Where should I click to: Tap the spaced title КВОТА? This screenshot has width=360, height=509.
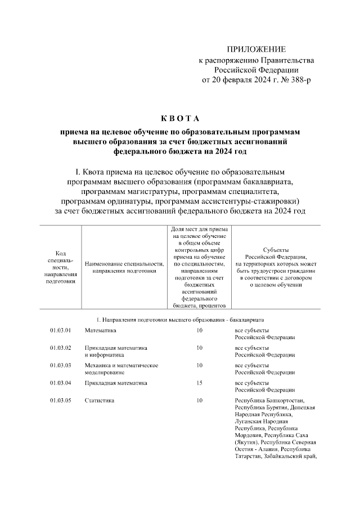180,118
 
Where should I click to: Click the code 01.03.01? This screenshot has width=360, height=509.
60,330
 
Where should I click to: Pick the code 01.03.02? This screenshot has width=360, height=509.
60,348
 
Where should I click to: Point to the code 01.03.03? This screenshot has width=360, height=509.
60,365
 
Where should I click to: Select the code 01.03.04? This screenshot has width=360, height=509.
60,382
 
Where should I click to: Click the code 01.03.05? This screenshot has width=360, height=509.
60,400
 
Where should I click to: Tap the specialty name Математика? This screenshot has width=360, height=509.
100,330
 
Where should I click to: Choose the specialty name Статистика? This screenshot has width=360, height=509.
99,400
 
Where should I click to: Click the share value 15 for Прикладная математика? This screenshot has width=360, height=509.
199,382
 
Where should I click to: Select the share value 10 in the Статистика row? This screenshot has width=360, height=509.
199,400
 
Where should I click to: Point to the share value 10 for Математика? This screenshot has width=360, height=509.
199,330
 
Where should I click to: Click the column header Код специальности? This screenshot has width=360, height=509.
60,267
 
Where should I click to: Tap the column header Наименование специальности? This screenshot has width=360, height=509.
124,267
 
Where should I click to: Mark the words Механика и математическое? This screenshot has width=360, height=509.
121,365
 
